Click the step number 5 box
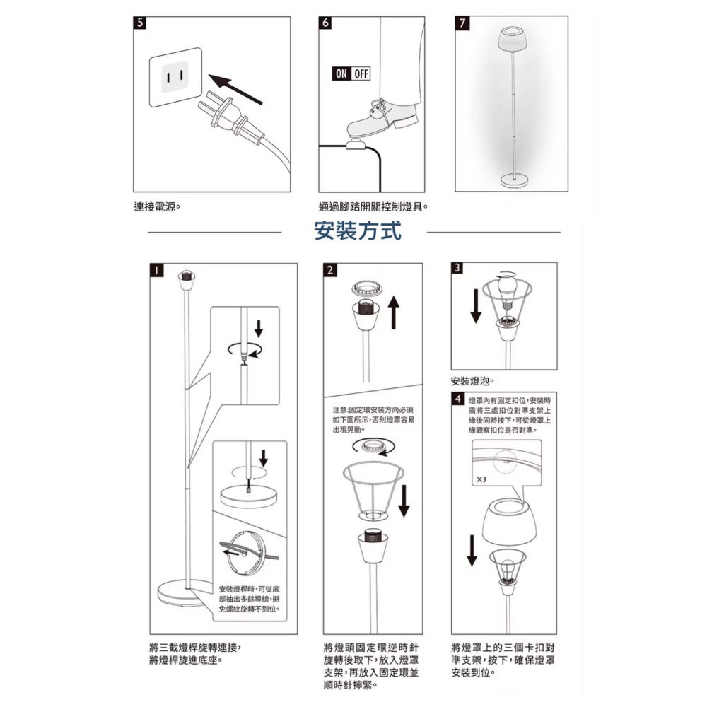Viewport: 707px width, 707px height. (141, 23)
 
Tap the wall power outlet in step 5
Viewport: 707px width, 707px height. (174, 76)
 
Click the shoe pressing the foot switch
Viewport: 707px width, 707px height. (382, 120)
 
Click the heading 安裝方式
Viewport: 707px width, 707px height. (357, 231)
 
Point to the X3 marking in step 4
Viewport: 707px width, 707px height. (481, 479)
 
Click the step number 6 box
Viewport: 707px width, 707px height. (325, 23)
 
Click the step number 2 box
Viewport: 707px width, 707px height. (330, 269)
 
